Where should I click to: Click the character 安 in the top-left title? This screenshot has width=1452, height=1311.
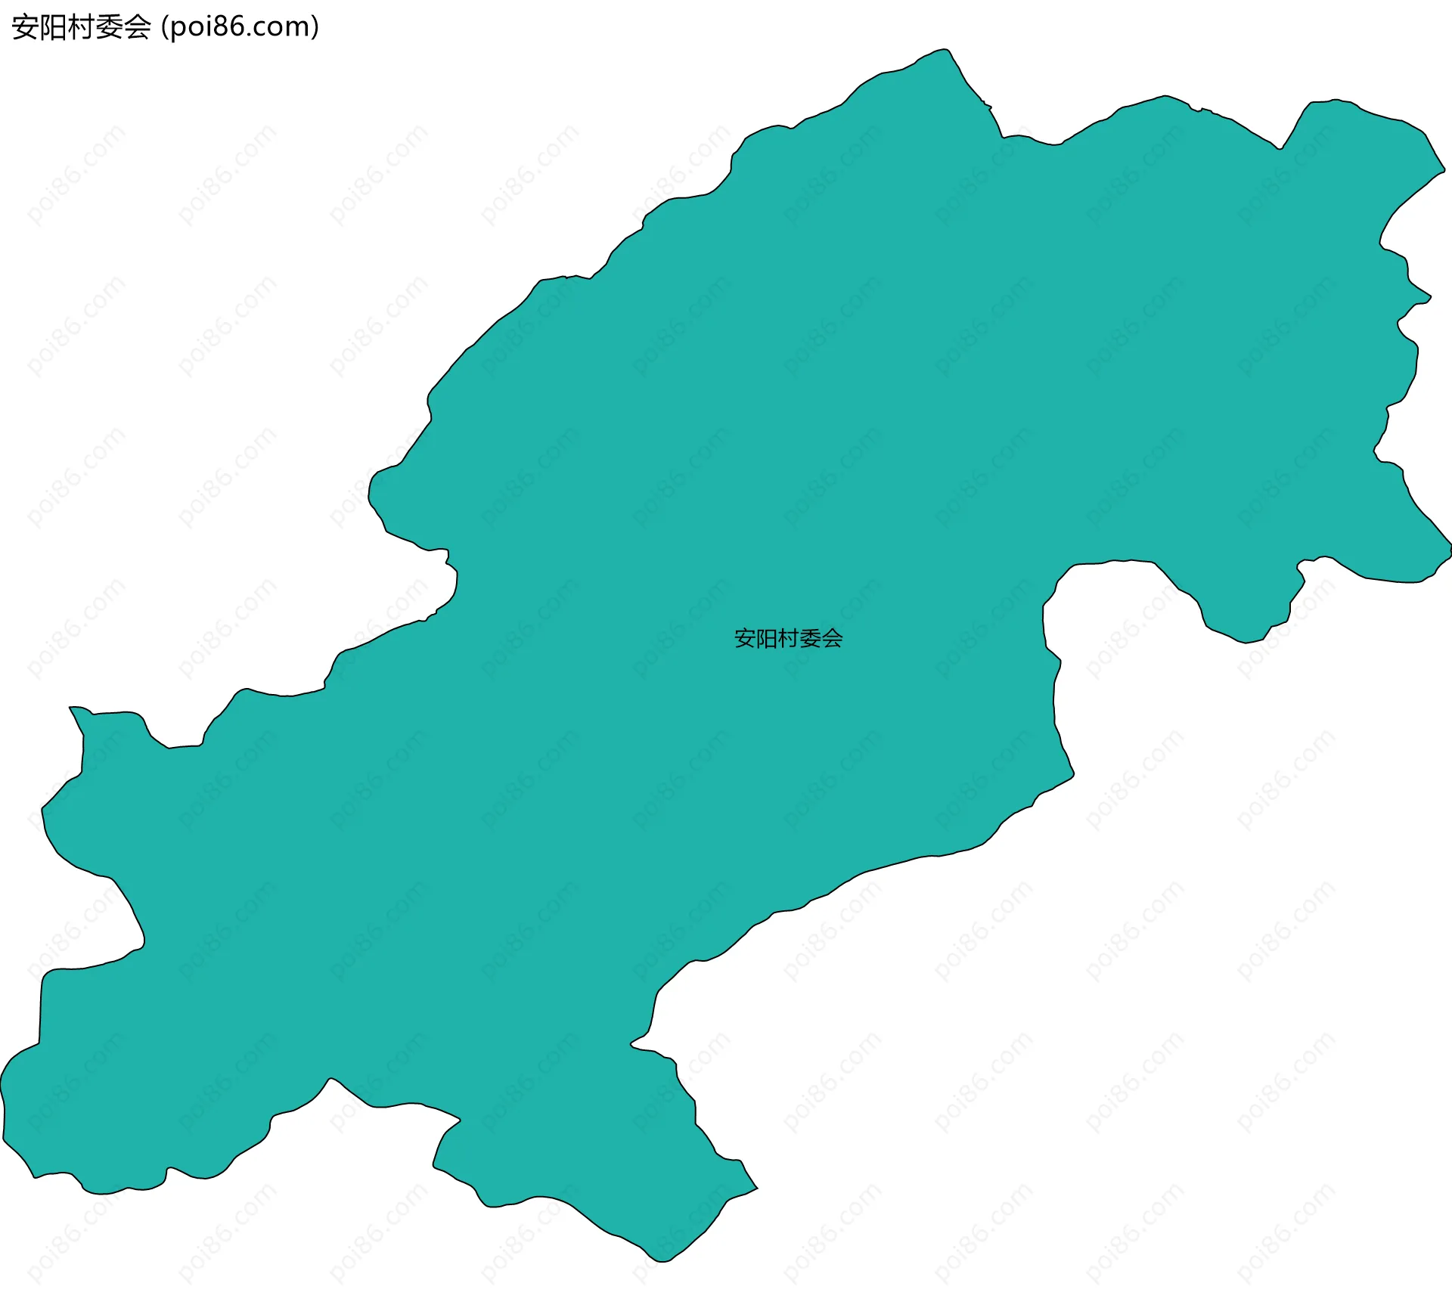click(26, 27)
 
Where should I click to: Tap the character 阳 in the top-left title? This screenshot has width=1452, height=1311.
click(53, 27)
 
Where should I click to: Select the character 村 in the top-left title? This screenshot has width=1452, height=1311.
click(81, 27)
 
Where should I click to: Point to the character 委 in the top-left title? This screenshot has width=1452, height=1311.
click(109, 27)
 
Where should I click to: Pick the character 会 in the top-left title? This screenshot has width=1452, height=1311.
click(137, 27)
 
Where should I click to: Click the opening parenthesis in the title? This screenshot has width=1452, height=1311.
click(164, 27)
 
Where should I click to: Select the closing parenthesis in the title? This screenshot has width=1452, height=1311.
click(315, 27)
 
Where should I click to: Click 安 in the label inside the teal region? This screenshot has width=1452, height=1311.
click(745, 639)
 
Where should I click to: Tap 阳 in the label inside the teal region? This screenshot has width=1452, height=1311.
click(767, 639)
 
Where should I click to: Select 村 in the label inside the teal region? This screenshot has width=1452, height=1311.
click(789, 639)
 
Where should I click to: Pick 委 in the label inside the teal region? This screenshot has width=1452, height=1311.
click(811, 639)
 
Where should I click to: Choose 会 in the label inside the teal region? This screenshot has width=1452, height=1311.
click(833, 639)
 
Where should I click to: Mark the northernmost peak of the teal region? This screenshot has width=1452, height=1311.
click(945, 50)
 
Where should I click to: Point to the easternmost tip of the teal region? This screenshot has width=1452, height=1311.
click(1450, 544)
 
